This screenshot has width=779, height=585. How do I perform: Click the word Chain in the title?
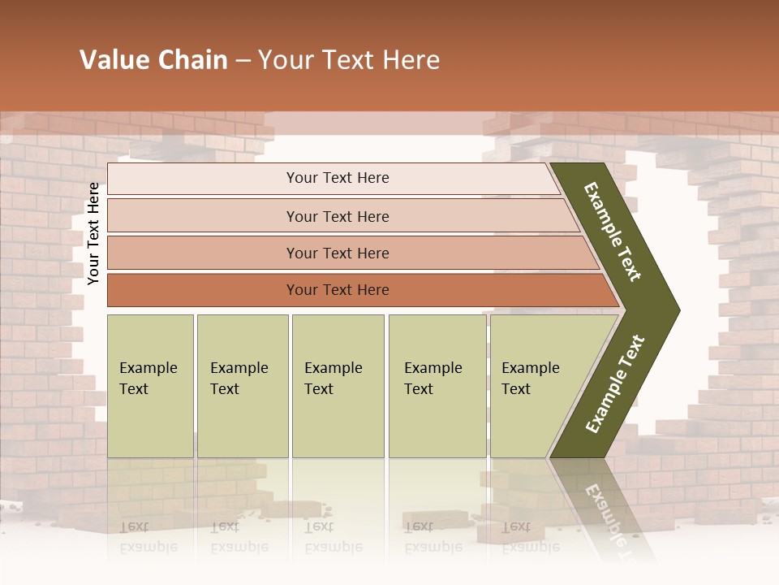click(195, 60)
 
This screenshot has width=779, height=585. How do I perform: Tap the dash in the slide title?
click(243, 61)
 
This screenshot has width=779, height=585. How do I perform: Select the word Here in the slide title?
click(411, 60)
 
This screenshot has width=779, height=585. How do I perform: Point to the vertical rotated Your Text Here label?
click(93, 234)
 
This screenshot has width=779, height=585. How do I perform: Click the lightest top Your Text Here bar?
click(337, 178)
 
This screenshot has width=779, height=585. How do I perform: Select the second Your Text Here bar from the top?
click(337, 216)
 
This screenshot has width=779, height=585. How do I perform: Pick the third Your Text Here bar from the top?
click(337, 253)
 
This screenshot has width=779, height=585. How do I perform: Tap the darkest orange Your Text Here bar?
click(337, 290)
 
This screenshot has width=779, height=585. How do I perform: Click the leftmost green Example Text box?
click(150, 385)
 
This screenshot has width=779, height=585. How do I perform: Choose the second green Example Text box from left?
click(242, 385)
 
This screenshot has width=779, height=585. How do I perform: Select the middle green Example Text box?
click(338, 385)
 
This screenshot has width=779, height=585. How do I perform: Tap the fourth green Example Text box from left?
click(437, 385)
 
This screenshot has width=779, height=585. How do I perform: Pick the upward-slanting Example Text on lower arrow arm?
click(614, 384)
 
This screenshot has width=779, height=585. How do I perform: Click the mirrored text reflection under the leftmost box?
click(148, 536)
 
